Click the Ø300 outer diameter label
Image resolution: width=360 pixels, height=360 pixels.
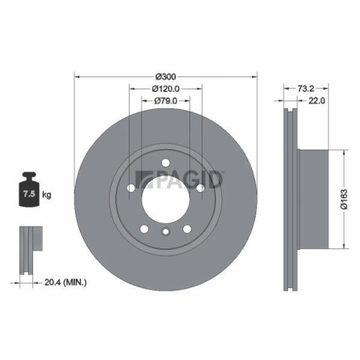(x=166, y=76)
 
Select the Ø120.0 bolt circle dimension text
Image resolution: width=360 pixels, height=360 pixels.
(x=166, y=89)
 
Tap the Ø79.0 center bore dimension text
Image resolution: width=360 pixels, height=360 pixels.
(x=166, y=102)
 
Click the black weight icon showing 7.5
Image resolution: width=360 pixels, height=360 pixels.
(x=29, y=191)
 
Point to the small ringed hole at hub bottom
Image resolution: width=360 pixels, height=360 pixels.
(x=166, y=232)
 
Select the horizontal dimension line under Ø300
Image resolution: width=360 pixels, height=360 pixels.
(x=166, y=81)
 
